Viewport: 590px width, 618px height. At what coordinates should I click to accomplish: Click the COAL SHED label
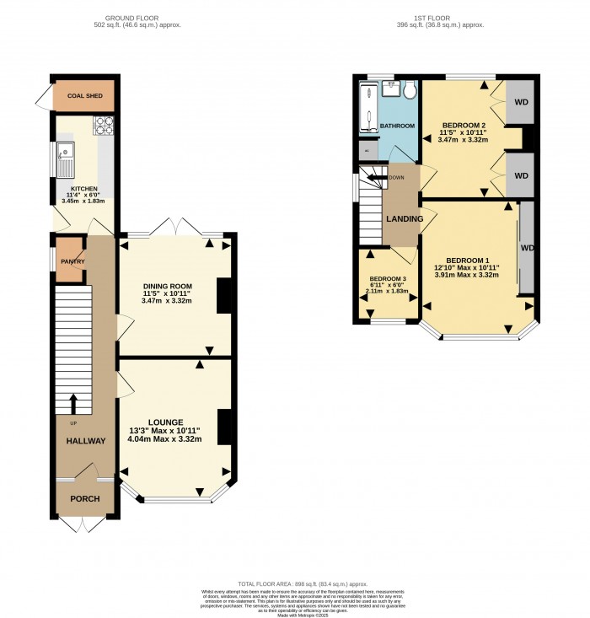point(85,96)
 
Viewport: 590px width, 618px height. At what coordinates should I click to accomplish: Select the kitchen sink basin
point(65,156)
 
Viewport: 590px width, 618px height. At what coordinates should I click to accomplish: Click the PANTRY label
point(70,262)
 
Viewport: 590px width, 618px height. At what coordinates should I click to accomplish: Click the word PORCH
point(85,498)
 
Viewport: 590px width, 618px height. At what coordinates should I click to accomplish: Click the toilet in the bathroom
point(409,90)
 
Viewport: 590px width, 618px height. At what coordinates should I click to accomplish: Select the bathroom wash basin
point(392,87)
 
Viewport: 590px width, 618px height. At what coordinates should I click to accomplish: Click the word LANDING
point(404,219)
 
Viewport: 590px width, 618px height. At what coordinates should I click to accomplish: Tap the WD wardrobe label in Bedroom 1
point(528,249)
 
